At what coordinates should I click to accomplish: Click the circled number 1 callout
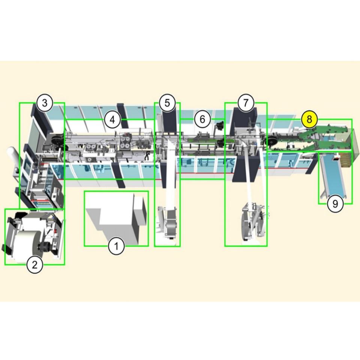[116, 246]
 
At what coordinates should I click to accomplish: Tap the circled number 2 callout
[34, 265]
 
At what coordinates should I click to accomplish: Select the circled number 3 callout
[45, 103]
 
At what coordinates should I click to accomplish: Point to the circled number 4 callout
[112, 120]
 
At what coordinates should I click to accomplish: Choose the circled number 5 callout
[167, 103]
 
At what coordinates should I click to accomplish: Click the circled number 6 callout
[202, 119]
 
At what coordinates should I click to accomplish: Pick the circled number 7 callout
[246, 103]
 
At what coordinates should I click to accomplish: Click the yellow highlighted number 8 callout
[309, 119]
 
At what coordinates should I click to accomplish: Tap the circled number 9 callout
[335, 203]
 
